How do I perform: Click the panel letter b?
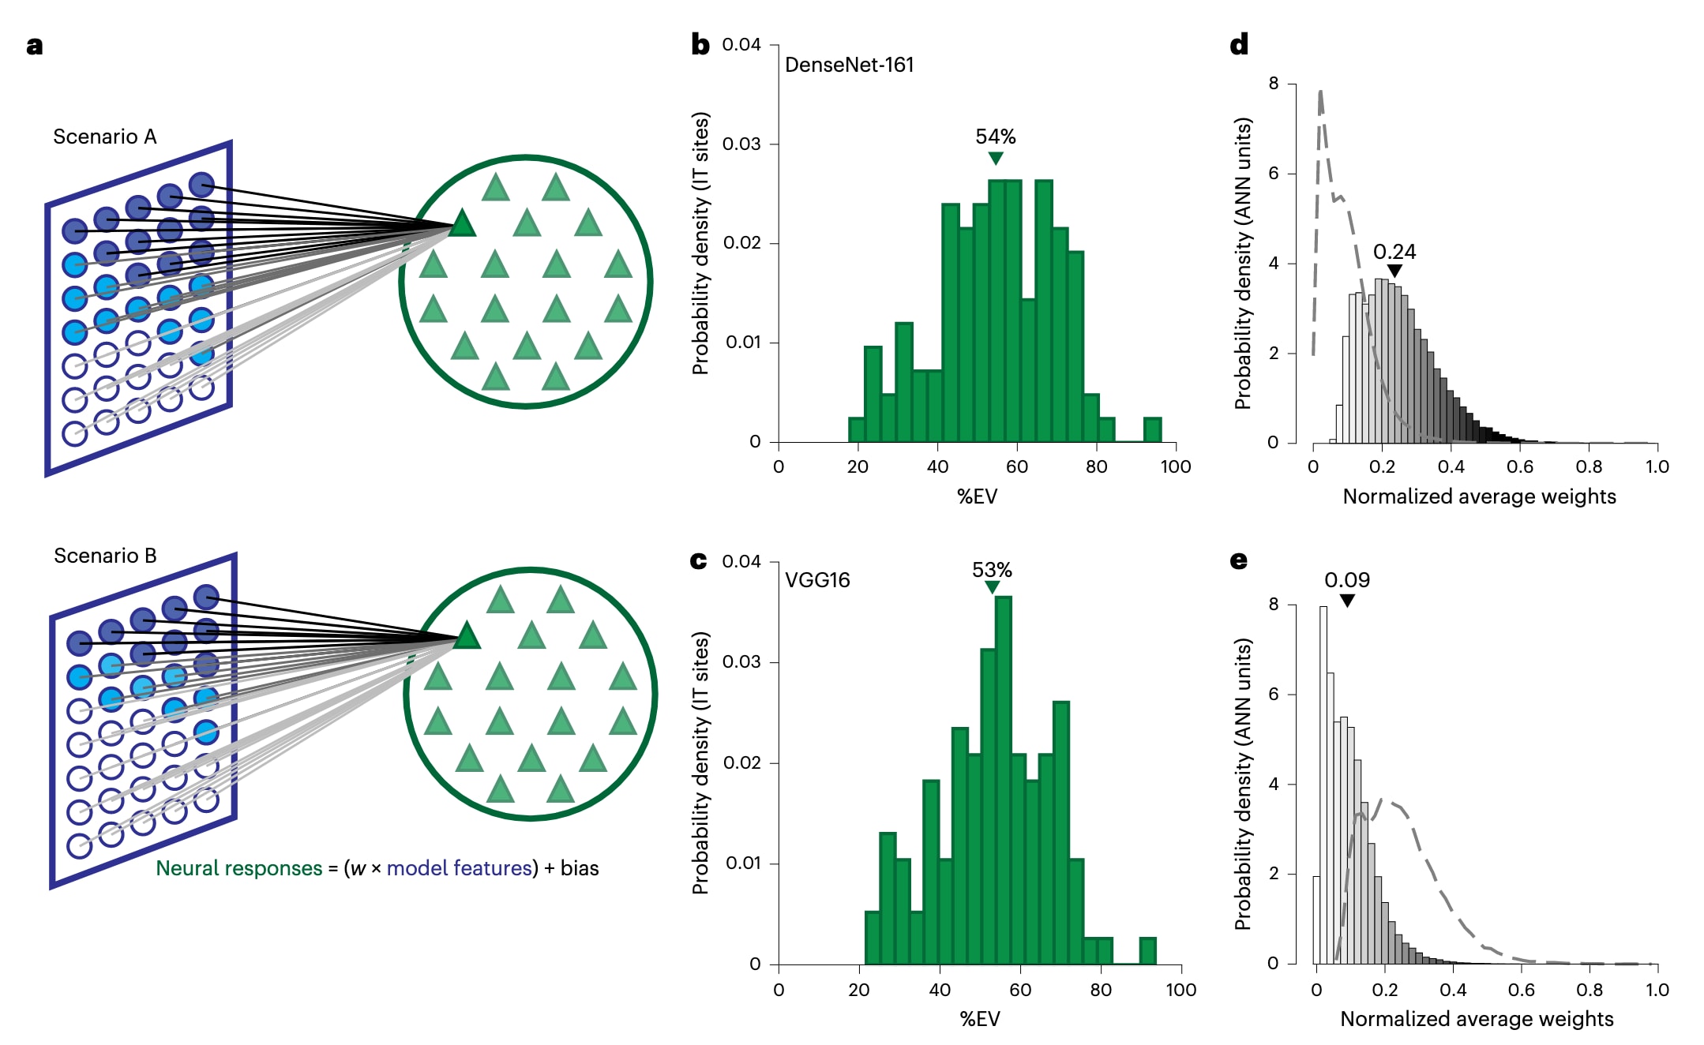click(700, 44)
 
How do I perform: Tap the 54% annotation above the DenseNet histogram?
click(995, 137)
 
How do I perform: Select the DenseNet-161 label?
click(849, 65)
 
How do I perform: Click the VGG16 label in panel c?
click(817, 580)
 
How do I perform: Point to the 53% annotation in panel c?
click(992, 570)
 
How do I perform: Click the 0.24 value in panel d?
click(1394, 252)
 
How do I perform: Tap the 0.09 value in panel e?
click(1346, 580)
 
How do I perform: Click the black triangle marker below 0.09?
click(1347, 601)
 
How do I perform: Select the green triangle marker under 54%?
click(996, 158)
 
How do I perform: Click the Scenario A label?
click(105, 137)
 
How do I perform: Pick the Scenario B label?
click(105, 556)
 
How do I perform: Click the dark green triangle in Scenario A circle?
click(463, 224)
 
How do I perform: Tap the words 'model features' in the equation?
click(459, 868)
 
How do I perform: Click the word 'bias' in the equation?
click(580, 868)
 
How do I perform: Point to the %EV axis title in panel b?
click(977, 496)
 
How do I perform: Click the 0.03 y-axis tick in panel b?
click(741, 144)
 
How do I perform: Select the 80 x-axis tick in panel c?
click(1100, 990)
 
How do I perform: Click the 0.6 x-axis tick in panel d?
click(1519, 466)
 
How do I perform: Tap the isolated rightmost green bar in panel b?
click(1152, 429)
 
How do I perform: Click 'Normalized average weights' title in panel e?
click(1477, 1019)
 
